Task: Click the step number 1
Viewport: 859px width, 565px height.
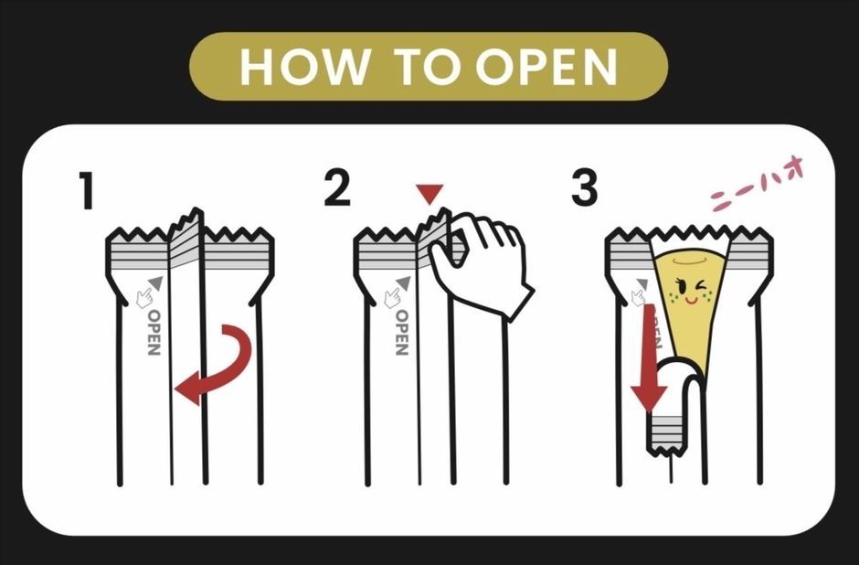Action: coord(86,191)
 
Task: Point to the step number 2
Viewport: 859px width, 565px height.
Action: coord(337,189)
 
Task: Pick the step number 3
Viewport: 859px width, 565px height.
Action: coord(585,189)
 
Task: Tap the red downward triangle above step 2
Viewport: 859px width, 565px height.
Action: coord(429,194)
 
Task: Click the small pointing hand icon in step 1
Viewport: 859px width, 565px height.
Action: coord(143,296)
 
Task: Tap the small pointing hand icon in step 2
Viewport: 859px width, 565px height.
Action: coord(392,296)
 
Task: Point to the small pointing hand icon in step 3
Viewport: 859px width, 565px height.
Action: coord(639,294)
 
